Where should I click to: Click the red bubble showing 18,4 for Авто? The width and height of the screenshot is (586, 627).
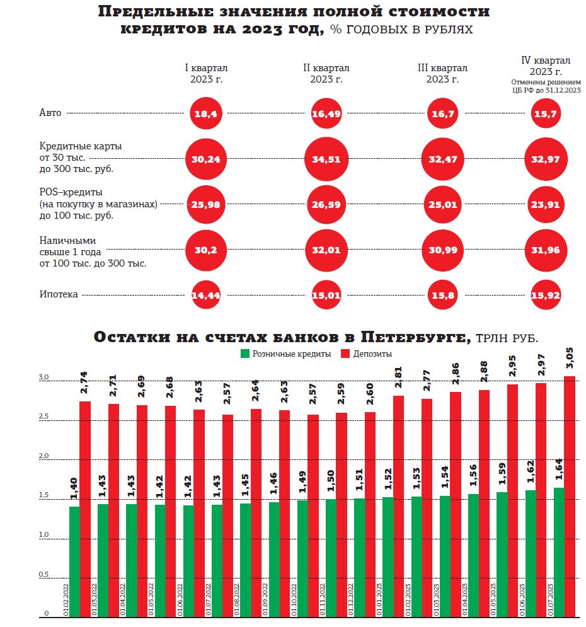[205, 114]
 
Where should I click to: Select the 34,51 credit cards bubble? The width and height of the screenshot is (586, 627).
[326, 159]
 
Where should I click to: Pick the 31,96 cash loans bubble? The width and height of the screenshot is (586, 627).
[546, 250]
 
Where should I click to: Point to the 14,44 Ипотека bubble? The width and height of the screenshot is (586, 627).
[205, 295]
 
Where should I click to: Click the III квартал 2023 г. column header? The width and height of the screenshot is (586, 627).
[442, 74]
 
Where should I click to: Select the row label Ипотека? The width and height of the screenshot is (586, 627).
[59, 294]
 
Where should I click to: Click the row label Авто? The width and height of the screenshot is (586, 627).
[50, 113]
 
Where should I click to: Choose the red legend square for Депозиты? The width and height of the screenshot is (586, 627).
[345, 354]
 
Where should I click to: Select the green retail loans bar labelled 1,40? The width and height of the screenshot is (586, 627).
[75, 561]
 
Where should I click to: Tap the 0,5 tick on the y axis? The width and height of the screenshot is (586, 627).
[43, 575]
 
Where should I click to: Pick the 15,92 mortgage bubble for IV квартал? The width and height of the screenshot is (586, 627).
[546, 295]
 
